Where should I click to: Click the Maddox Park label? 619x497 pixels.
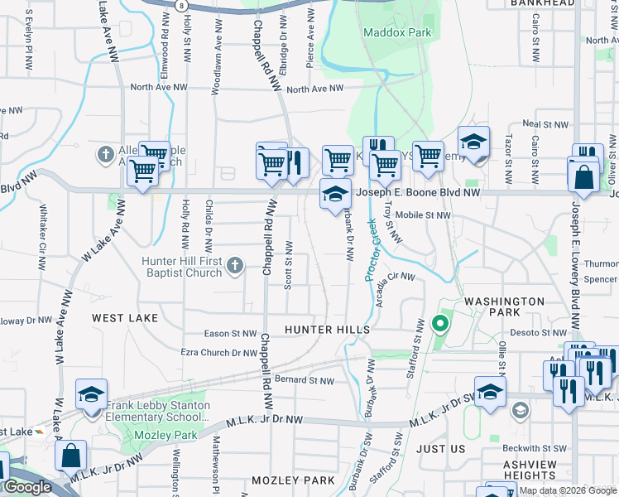(397, 32)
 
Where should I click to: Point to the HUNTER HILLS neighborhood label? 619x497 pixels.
(327, 330)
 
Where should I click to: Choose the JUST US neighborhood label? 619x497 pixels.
(441, 448)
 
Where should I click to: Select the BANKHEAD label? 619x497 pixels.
(566, 4)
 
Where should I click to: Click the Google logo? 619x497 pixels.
(27, 487)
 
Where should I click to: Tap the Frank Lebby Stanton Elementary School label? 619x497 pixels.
(158, 412)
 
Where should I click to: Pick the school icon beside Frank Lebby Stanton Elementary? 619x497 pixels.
(91, 394)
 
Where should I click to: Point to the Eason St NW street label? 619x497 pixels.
(231, 334)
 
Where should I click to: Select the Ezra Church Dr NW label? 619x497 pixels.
(219, 353)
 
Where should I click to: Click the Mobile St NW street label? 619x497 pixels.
(422, 215)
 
